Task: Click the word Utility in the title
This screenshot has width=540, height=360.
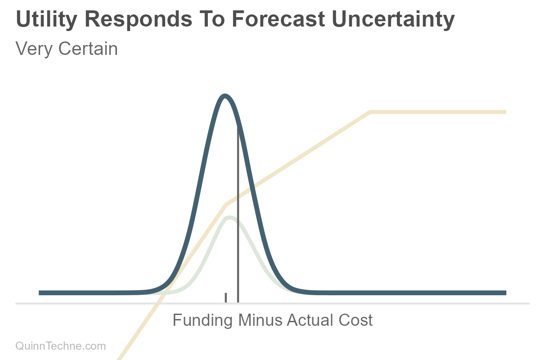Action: point(46,20)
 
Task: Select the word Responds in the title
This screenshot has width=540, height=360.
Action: point(139,20)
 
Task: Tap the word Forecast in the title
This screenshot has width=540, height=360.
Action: point(279,19)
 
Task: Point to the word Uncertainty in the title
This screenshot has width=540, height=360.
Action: point(393,20)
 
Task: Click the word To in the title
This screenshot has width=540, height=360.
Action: point(212,19)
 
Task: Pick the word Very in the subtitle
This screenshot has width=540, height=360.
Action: point(34,49)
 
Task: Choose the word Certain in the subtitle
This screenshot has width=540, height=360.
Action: point(88,49)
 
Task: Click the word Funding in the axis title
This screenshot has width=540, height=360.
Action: point(203,320)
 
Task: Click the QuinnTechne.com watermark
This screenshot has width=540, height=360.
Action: point(60,346)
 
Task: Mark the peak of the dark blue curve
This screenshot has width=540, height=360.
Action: point(225,96)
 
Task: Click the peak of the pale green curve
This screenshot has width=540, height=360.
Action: point(230,218)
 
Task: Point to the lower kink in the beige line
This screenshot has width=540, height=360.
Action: point(226,205)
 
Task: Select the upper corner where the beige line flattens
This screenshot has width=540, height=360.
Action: point(370,112)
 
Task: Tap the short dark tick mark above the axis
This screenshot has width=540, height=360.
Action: point(225,298)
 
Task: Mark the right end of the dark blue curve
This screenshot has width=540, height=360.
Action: point(506,293)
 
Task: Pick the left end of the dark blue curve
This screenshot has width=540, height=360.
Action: point(39,293)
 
